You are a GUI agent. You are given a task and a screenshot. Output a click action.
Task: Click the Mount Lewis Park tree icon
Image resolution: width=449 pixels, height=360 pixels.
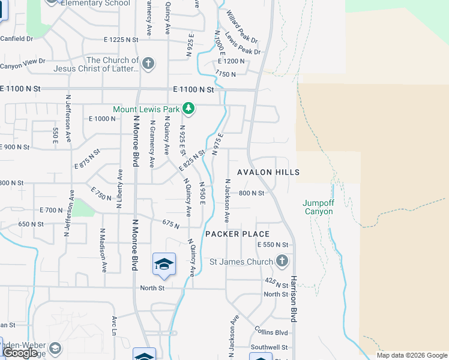(x=189, y=109)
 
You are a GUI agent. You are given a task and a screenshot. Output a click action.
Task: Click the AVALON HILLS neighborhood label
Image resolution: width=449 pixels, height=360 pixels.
(x=268, y=172)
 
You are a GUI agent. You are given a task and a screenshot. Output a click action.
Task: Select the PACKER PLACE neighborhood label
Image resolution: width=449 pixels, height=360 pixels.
(x=238, y=234)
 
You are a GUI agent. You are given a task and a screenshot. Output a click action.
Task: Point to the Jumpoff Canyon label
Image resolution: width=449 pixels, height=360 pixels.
(x=318, y=207)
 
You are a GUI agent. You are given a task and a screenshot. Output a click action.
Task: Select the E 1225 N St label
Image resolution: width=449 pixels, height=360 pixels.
(x=121, y=40)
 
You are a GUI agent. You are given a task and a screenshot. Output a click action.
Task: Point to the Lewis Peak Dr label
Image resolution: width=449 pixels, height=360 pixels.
(x=243, y=43)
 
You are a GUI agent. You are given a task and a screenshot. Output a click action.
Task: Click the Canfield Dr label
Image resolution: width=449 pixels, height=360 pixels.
(x=16, y=38)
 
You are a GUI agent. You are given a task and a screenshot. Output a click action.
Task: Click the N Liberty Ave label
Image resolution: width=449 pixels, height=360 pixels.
(x=119, y=188)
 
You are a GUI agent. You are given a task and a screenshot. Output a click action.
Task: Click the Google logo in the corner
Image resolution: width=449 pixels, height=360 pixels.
(x=20, y=353)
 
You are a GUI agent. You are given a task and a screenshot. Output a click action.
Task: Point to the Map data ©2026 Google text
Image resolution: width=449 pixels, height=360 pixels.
(x=412, y=355)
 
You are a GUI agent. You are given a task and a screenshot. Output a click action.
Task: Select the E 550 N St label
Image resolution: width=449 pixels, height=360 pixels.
(x=273, y=245)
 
